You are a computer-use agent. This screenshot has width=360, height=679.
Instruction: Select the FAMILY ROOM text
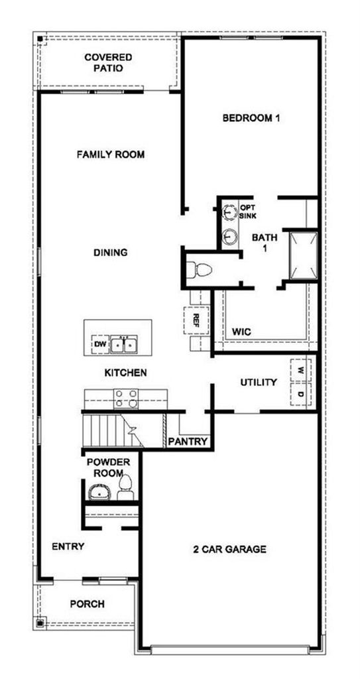(x=111, y=154)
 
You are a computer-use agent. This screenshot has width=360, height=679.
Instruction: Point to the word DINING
(x=111, y=253)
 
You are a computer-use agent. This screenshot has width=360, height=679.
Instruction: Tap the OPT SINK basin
(x=229, y=212)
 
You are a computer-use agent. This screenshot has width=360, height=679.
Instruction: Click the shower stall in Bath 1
(x=303, y=256)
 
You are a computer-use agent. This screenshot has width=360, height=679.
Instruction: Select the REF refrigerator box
(x=196, y=320)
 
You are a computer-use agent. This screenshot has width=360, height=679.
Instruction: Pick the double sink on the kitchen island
(x=123, y=345)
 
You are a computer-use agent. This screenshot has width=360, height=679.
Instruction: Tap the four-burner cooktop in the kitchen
(x=126, y=399)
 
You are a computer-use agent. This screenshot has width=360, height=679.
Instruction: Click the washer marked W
(x=300, y=370)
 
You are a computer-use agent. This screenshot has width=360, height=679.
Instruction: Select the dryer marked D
(x=300, y=394)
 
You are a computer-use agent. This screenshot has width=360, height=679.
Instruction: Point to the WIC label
(x=242, y=332)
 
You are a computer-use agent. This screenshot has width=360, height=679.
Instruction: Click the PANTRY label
(x=188, y=442)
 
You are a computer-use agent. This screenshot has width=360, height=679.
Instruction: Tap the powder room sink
(x=100, y=491)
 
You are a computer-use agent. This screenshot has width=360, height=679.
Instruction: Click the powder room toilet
(x=125, y=487)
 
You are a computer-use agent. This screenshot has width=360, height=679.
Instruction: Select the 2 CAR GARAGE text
(x=229, y=550)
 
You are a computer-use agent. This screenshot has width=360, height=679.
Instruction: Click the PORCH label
(x=87, y=603)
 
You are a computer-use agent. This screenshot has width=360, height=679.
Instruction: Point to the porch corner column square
(x=40, y=623)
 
